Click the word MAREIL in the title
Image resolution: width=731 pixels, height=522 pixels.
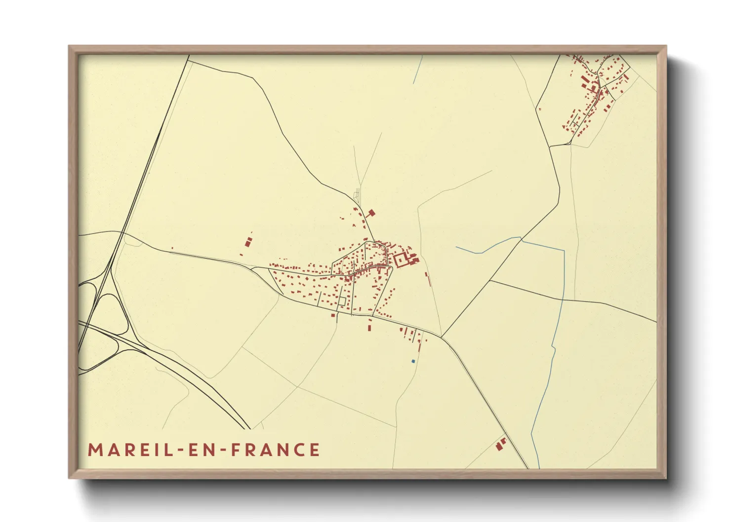[129, 450]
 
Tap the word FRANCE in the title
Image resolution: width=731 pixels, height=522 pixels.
[275, 450]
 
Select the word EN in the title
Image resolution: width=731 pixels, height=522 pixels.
[203, 450]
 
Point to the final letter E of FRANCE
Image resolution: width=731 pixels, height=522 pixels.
[314, 450]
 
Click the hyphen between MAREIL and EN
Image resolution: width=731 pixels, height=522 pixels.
[180, 450]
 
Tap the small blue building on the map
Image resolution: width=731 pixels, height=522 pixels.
[413, 362]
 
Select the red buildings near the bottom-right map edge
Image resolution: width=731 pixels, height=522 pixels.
[501, 444]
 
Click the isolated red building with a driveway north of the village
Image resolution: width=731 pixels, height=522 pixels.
[371, 213]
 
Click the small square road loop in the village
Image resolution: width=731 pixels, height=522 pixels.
[341, 301]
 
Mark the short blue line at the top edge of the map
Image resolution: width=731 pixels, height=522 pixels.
[417, 70]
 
